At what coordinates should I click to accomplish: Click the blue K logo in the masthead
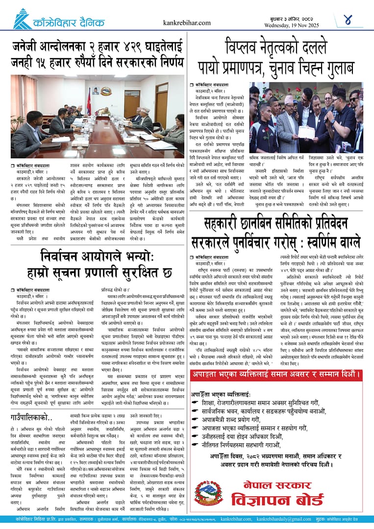point(22,19)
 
